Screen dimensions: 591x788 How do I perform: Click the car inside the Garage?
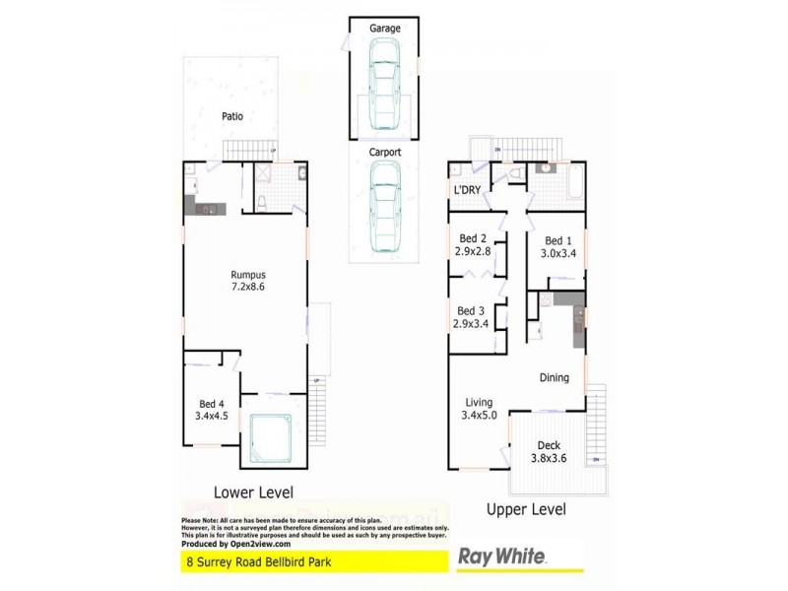coord(384,93)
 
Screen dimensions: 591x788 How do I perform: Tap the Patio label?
coord(231,116)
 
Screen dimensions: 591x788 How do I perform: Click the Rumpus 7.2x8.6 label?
coord(248,281)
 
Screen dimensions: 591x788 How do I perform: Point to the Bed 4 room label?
coord(213,409)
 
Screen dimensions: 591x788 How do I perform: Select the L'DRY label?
coord(466,190)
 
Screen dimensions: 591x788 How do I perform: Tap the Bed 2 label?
coord(474,244)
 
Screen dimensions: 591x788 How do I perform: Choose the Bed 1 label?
coord(558,246)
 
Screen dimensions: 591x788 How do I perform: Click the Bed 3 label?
coord(473,316)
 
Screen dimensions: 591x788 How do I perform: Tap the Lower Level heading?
coord(253,491)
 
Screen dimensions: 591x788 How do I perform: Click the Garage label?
coord(384,29)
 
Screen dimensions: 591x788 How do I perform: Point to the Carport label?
coord(384,153)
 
